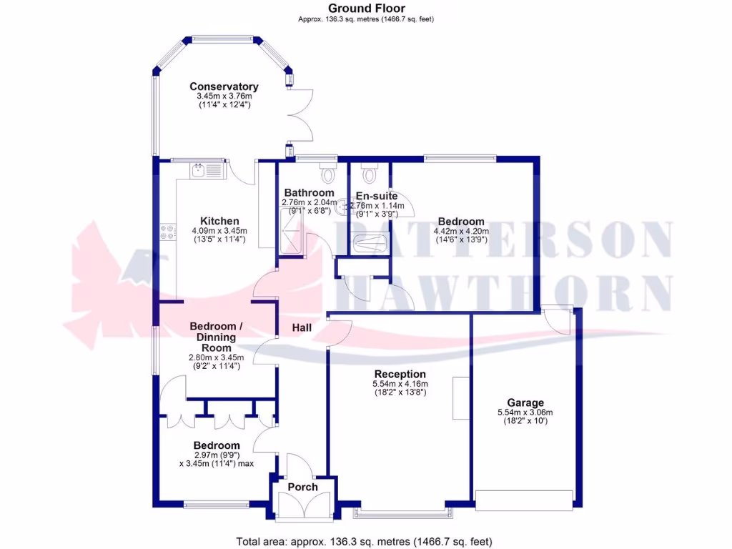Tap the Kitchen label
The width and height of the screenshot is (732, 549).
click(x=219, y=221)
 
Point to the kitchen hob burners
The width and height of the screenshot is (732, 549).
click(x=167, y=232)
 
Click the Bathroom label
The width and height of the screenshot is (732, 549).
click(x=309, y=193)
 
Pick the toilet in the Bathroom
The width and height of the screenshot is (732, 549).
click(x=328, y=173)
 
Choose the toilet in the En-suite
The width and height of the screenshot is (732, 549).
click(x=369, y=173)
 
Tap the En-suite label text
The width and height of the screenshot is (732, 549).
click(x=377, y=196)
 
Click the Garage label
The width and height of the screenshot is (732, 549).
click(x=525, y=403)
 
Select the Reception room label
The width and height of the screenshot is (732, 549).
click(x=400, y=374)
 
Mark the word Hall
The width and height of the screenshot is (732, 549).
click(x=302, y=327)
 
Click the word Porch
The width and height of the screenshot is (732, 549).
click(x=302, y=487)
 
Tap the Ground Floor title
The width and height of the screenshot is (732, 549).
click(x=365, y=9)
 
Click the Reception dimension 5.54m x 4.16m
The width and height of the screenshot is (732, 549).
click(x=400, y=384)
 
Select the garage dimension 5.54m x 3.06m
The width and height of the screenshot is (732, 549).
click(x=525, y=412)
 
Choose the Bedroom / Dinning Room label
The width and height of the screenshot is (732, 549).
click(x=216, y=337)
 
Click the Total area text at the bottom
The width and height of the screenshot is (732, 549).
click(x=365, y=541)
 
